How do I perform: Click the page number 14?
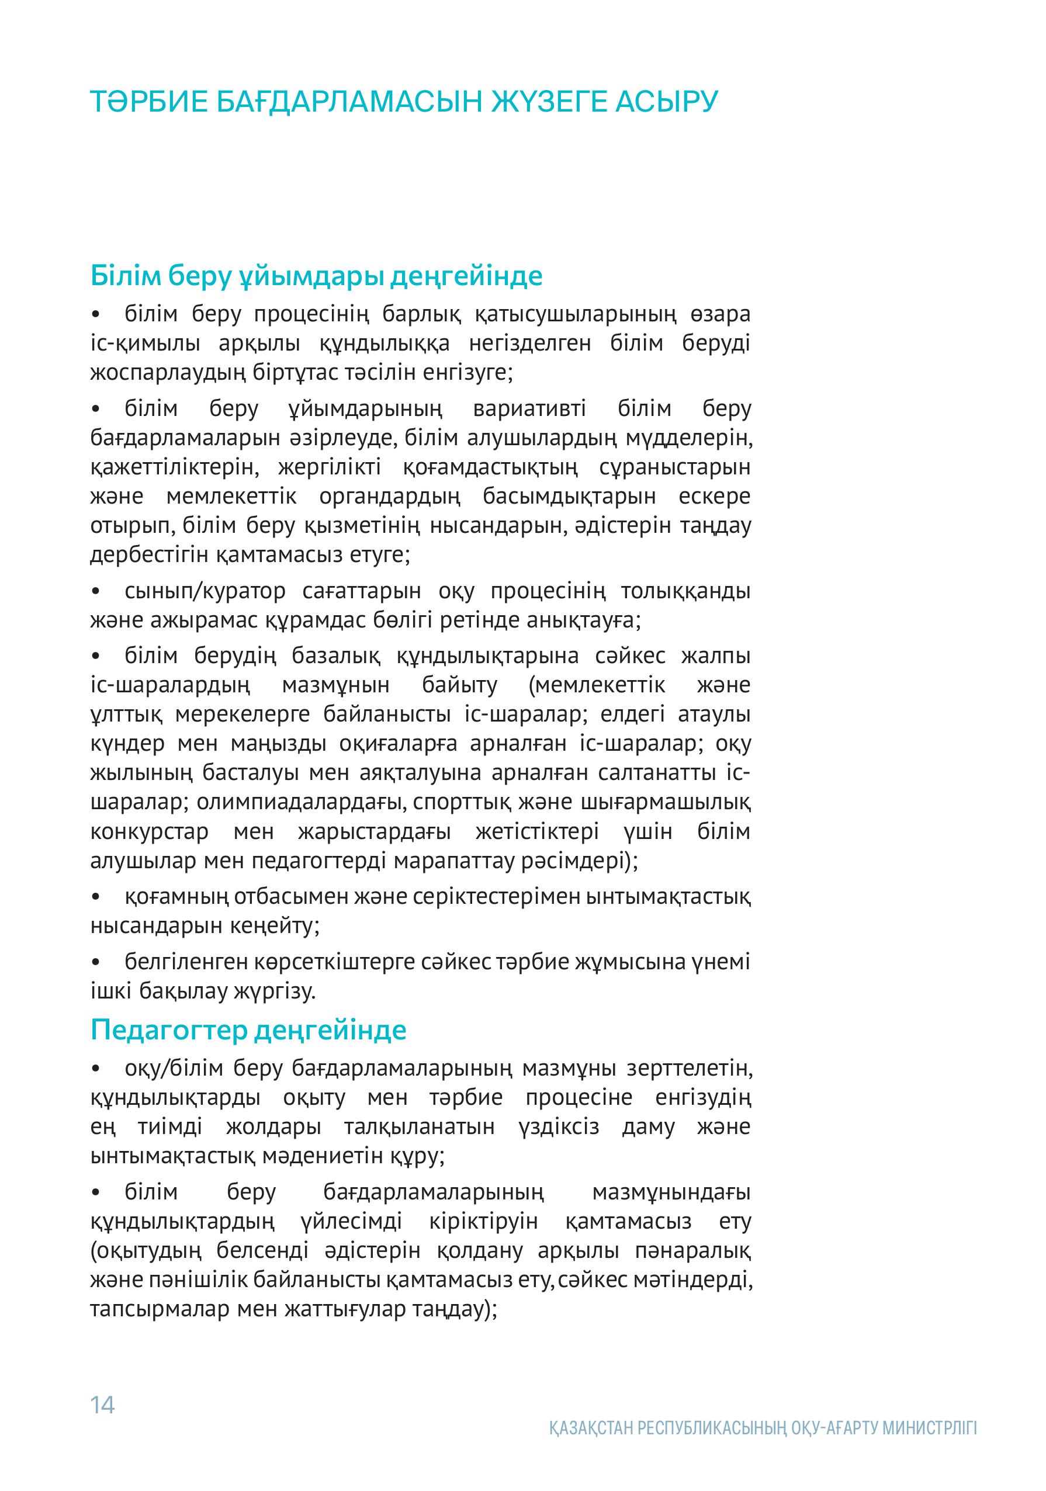103,1405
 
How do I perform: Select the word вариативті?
529,409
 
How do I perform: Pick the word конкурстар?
150,832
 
